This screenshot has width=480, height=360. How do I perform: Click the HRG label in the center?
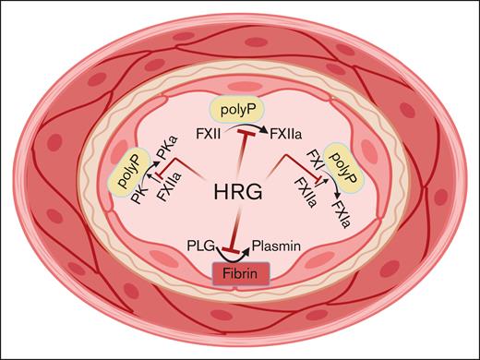(x=240, y=193)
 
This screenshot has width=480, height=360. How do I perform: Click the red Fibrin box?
(x=240, y=273)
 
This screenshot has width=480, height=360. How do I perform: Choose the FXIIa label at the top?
(x=282, y=133)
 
